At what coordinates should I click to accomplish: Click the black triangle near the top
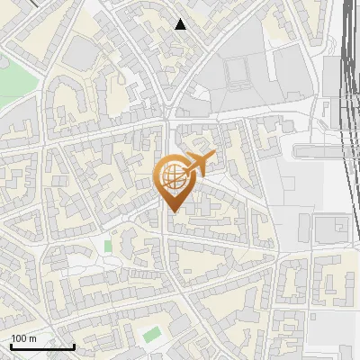181,24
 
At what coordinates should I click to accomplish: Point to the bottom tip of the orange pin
173,211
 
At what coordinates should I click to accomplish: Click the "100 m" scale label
23,338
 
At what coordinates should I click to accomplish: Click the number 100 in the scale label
19,338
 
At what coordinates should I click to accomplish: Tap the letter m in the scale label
32,338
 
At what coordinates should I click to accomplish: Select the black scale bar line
42,347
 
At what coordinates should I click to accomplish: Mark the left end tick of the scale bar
11,346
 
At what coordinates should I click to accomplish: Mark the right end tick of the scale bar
74,346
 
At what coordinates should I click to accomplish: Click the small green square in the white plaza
108,246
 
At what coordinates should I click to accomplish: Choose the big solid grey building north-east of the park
80,55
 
